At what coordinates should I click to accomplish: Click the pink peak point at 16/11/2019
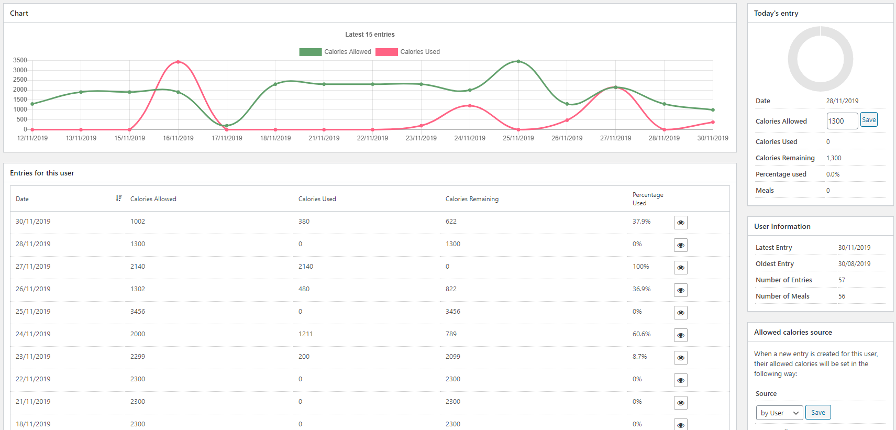178,62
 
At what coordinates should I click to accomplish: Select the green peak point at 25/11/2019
518,61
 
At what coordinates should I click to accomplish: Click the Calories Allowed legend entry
335,52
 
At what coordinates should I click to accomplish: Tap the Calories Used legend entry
407,52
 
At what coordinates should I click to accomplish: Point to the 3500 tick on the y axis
20,60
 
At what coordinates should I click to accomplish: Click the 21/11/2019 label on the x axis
324,138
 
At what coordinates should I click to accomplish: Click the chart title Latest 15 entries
370,35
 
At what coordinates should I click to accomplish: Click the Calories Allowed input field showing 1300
842,121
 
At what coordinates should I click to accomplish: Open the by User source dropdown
779,413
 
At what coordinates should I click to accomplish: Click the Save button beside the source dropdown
818,412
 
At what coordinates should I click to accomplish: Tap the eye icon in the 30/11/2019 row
680,223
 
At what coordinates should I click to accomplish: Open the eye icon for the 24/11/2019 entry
680,335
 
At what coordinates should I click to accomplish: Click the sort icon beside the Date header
119,198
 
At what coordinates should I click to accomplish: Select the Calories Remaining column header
472,199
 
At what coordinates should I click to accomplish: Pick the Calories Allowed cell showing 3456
138,311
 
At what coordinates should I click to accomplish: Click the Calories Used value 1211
306,334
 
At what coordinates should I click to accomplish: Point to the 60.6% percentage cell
641,334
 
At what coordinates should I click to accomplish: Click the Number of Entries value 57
842,280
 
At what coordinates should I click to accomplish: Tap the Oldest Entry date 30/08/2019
855,263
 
